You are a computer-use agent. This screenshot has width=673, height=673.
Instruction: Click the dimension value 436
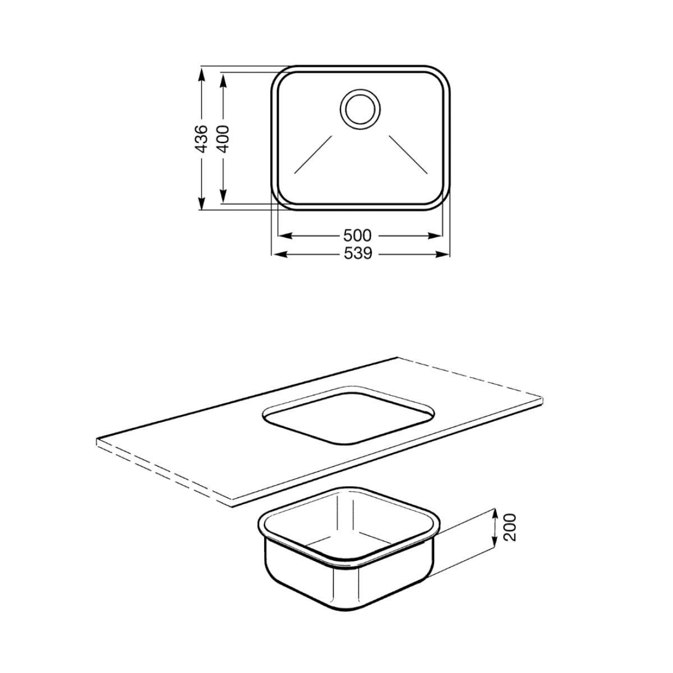click(201, 139)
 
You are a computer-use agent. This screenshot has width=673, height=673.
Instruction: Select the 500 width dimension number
click(357, 236)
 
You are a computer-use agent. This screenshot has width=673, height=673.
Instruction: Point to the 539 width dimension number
click(358, 254)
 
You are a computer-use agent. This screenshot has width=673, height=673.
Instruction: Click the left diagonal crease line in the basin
click(314, 154)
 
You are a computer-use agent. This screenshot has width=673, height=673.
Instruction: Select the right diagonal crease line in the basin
click(408, 154)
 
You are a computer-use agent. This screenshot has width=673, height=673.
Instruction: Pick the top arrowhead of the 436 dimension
click(201, 74)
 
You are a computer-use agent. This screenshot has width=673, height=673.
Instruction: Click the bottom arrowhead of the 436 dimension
click(201, 202)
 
